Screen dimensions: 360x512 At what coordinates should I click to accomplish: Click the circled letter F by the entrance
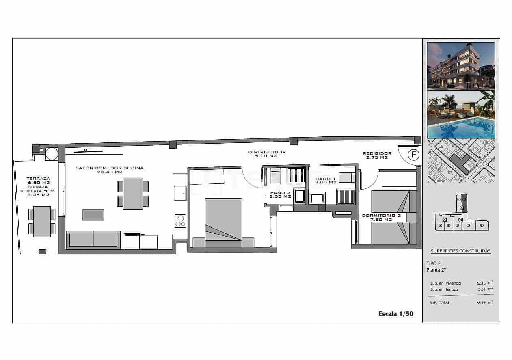pyautogui.click(x=413, y=155)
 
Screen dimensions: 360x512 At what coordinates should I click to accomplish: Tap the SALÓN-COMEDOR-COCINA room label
pyautogui.click(x=110, y=170)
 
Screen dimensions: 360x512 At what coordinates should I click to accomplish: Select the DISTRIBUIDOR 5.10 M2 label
pyautogui.click(x=267, y=154)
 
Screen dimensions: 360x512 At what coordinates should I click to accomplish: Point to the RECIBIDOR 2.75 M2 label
pyautogui.click(x=377, y=155)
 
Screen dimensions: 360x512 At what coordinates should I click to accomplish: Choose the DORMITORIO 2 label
pyautogui.click(x=381, y=218)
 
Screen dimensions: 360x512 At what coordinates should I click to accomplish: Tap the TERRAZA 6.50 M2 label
pyautogui.click(x=38, y=181)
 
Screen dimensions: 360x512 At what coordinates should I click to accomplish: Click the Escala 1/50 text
pyautogui.click(x=395, y=313)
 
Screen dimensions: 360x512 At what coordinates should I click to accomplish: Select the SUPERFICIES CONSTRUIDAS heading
pyautogui.click(x=460, y=251)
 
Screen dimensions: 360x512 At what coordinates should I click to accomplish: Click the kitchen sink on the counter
pyautogui.click(x=180, y=193)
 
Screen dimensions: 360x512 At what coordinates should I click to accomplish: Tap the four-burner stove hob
pyautogui.click(x=180, y=221)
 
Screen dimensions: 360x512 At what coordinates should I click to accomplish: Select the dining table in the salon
pyautogui.click(x=133, y=194)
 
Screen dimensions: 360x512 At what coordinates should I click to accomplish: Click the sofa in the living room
pyautogui.click(x=93, y=239)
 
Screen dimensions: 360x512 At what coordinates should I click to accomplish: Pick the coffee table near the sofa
pyautogui.click(x=93, y=215)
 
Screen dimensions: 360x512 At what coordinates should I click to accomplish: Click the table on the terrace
pyautogui.click(x=42, y=222)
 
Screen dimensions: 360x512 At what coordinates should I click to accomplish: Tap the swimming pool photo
pyautogui.click(x=461, y=114)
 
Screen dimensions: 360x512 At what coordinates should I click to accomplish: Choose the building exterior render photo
pyautogui.click(x=461, y=65)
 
